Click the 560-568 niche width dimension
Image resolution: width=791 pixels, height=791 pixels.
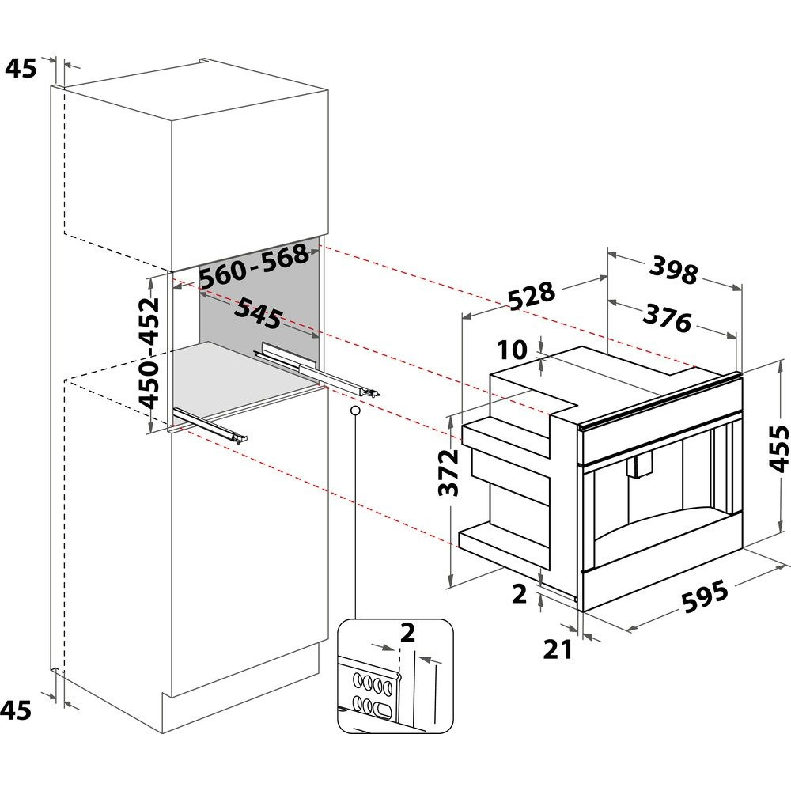[x=254, y=266]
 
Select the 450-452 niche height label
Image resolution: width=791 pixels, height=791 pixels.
[x=149, y=353]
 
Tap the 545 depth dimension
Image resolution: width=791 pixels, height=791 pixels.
[x=258, y=312]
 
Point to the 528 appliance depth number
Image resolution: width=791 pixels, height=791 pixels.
[x=532, y=296]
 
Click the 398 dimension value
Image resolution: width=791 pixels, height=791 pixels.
[x=673, y=270]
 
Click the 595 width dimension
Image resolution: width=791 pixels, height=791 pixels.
[x=705, y=596]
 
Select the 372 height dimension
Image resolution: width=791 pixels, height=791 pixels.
[x=448, y=473]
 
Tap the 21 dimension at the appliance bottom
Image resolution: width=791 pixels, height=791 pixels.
[x=558, y=649]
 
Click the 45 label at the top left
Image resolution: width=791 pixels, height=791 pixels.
[x=21, y=68]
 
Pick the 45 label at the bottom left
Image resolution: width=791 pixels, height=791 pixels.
[x=16, y=710]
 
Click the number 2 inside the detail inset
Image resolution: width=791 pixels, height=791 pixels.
[x=407, y=633]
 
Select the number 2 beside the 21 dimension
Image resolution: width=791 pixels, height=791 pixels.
[x=519, y=594]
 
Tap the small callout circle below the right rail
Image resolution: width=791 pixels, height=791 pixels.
[x=355, y=411]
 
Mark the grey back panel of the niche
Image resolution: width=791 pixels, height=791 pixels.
[x=259, y=297]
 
